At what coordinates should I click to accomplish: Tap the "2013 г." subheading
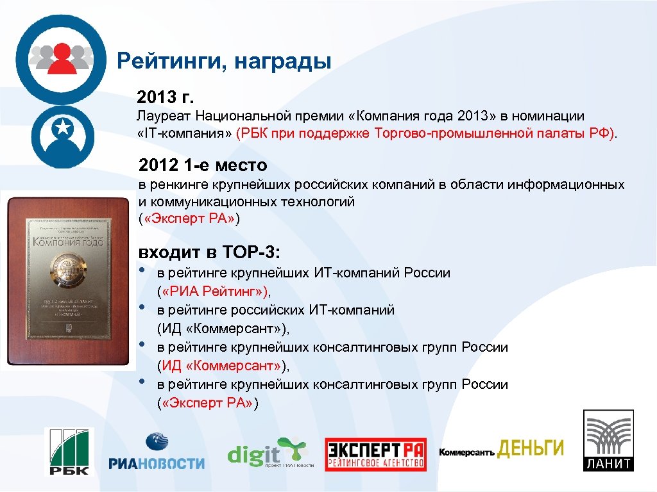165,97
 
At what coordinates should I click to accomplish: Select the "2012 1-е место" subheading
203,166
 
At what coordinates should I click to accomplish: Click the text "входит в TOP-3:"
210,250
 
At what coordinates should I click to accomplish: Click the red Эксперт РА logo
375,454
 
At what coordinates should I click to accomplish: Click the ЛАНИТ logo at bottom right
608,441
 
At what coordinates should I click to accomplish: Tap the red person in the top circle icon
62,58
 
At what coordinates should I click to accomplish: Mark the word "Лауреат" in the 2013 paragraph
162,117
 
